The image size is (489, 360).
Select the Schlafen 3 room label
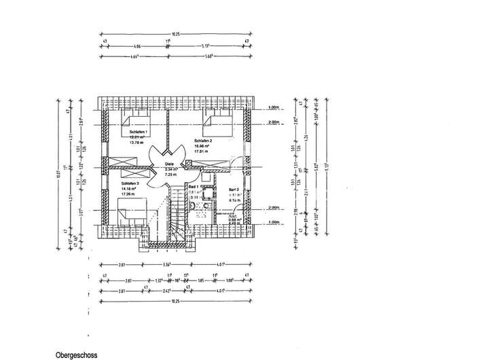(130, 184)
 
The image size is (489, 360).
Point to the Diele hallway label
(170, 164)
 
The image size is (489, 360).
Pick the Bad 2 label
(233, 190)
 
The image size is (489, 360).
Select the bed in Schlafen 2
(219, 120)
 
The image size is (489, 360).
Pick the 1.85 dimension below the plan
(200, 279)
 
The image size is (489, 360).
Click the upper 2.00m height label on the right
(274, 122)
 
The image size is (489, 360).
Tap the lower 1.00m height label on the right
(274, 222)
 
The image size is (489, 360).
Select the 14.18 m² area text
(129, 190)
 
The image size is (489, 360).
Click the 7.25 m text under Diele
(170, 175)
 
